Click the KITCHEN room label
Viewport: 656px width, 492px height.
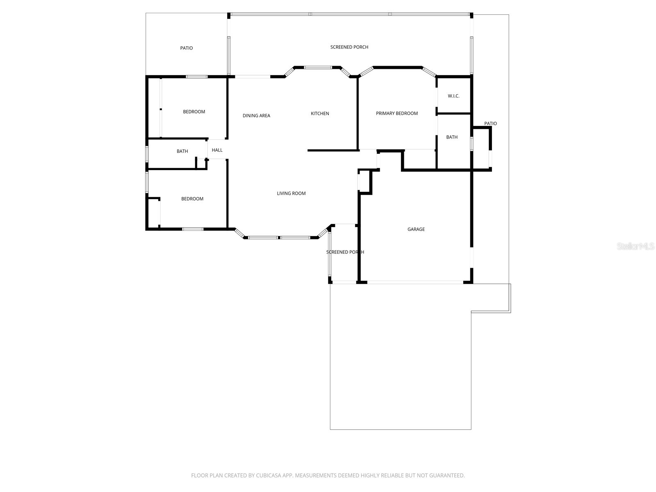320,114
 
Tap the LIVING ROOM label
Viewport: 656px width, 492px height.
291,194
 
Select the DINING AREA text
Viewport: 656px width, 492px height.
256,116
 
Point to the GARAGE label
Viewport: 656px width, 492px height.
416,229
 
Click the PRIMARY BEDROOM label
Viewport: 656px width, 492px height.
396,114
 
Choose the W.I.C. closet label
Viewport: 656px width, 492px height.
453,96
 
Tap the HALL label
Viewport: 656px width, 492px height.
217,150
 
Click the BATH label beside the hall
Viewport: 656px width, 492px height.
182,151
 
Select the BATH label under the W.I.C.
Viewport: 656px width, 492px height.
452,137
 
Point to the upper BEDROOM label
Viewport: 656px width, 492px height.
194,112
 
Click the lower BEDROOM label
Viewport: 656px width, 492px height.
192,199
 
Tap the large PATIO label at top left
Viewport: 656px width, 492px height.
186,48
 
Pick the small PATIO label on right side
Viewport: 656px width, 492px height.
490,123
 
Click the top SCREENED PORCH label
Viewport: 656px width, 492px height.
349,47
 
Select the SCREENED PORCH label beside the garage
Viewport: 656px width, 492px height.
345,252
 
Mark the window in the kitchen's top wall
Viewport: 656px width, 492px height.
318,67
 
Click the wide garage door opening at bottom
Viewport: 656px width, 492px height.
415,282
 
